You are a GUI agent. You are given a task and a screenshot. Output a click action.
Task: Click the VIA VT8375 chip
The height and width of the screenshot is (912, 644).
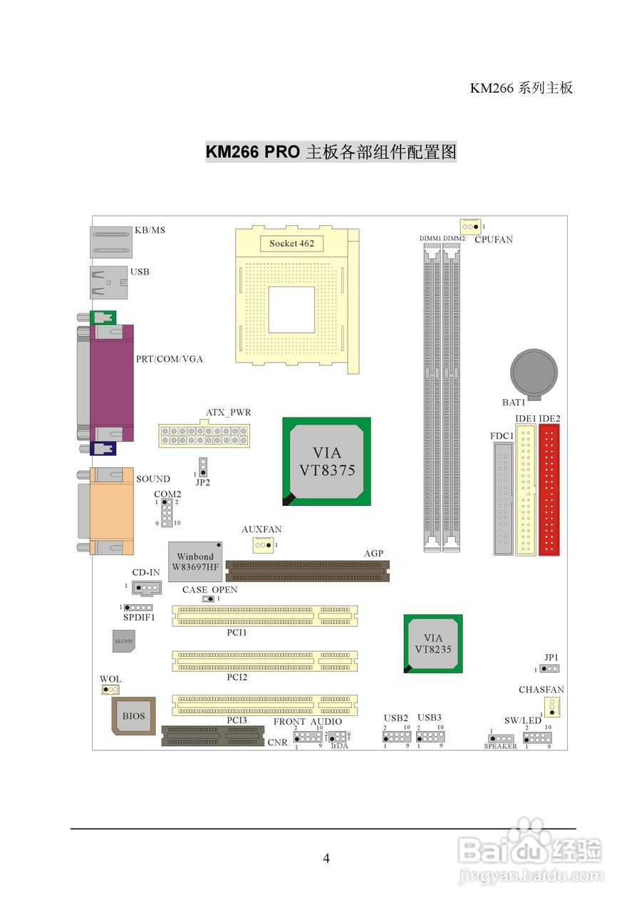327,462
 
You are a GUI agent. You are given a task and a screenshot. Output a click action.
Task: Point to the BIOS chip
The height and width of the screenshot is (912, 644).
134,716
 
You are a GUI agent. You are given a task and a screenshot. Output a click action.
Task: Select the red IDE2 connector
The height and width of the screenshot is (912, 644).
549,489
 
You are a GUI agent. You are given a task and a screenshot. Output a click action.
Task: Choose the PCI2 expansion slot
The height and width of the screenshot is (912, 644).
264,661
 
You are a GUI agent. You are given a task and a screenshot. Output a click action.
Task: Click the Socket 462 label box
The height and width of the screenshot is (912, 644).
291,244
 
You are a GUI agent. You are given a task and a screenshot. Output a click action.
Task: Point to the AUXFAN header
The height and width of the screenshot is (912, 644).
263,545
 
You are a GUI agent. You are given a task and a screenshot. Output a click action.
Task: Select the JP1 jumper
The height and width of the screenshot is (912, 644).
549,669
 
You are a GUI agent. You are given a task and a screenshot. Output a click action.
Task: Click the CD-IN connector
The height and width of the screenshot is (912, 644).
146,589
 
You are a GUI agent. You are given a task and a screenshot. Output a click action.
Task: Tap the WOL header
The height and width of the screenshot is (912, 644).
110,690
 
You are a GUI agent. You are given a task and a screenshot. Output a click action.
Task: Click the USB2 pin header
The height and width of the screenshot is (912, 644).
397,736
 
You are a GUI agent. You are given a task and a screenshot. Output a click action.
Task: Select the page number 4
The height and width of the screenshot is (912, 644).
326,858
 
